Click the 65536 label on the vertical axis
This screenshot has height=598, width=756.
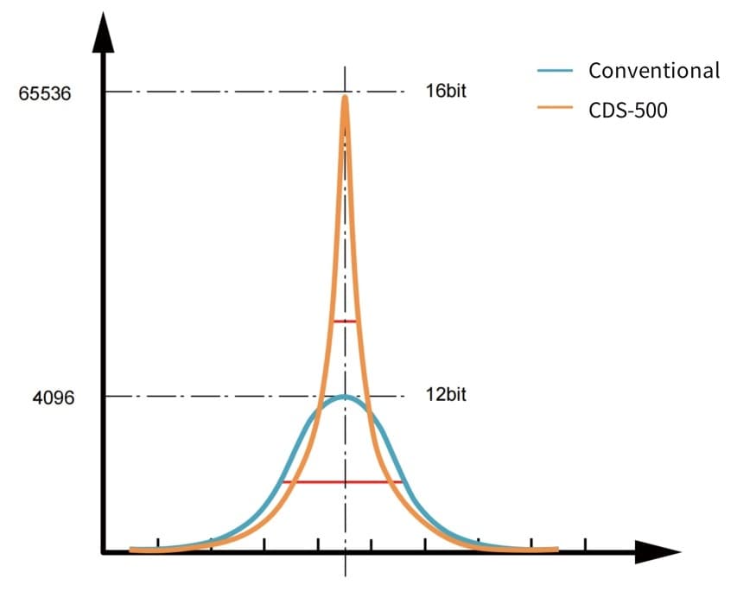coord(45,92)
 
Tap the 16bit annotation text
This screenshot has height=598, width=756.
coord(445,91)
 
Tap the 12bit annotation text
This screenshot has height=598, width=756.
coord(445,395)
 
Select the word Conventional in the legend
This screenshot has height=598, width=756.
coord(653,71)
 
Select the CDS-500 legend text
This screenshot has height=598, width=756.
coord(628,110)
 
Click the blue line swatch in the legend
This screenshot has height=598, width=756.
coord(555,71)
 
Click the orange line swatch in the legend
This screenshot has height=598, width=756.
coord(555,110)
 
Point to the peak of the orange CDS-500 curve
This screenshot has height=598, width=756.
coord(345,97)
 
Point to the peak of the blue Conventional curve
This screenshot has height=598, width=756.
coord(345,398)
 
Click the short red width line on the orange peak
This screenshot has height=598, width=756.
coord(345,321)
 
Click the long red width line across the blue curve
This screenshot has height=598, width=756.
coord(343,481)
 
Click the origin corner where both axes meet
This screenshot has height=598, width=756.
coord(104,550)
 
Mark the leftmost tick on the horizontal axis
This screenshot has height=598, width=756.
coord(157,545)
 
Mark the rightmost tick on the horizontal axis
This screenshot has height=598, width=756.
coord(586,545)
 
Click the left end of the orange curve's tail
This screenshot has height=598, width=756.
coord(133,549)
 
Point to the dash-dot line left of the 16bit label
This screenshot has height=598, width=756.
coord(259,92)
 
